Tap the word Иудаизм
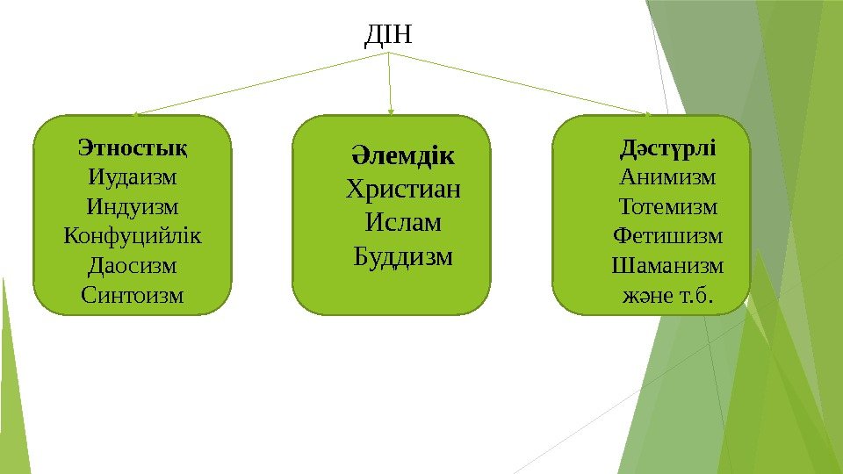pos(133,177)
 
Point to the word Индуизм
pos(133,207)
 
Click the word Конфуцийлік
pos(133,236)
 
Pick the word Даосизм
pos(133,265)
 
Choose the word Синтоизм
pos(133,295)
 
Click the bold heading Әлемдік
pos(404,157)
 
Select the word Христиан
pos(404,190)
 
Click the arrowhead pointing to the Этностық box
pos(138,113)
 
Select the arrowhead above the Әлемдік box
pos(391,111)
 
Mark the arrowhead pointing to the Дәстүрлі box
pos(648,113)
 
